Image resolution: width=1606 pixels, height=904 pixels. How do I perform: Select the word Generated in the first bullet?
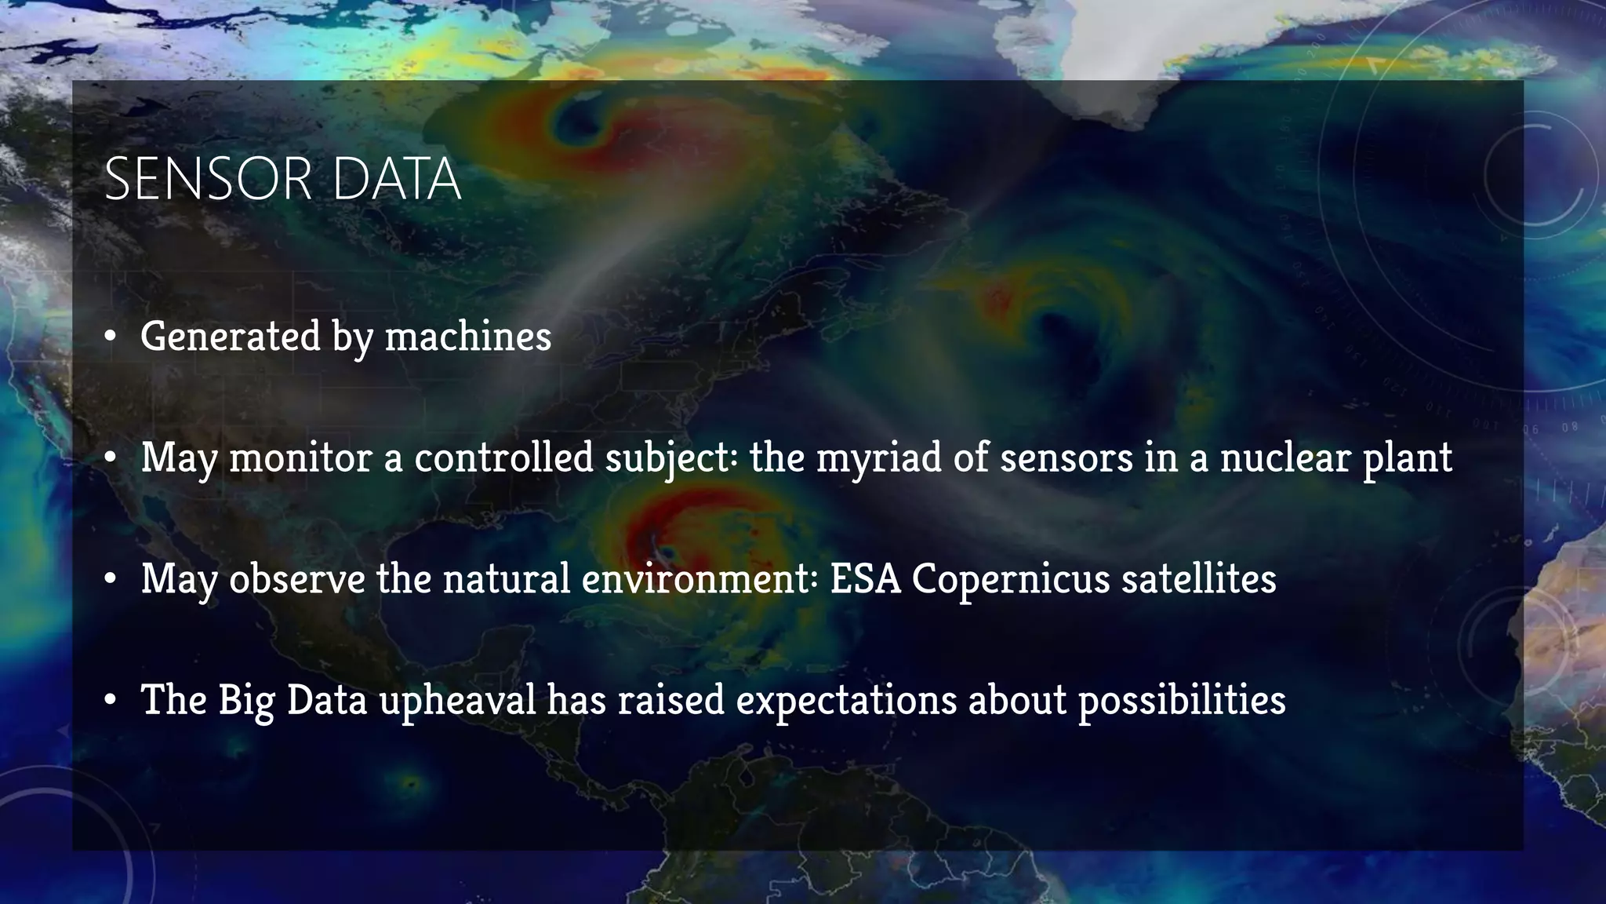[231, 337]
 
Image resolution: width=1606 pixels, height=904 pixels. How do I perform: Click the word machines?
[468, 337]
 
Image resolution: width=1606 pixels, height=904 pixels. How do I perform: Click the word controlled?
[503, 457]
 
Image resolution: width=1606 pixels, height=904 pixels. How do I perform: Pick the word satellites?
[1198, 579]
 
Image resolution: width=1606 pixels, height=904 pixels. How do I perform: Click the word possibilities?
[1182, 700]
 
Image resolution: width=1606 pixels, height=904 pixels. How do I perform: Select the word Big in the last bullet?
[246, 700]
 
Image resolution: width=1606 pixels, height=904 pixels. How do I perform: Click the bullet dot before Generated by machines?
[111, 337]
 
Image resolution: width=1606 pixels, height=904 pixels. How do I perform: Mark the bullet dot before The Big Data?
[111, 701]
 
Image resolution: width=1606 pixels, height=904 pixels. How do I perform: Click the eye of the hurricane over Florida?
[657, 541]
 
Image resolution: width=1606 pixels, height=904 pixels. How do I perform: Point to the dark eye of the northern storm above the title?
[581, 122]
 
